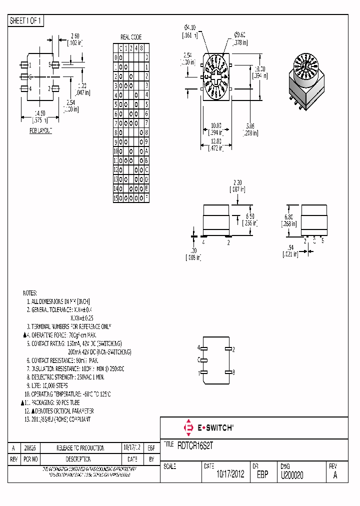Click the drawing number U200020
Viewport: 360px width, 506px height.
click(x=292, y=475)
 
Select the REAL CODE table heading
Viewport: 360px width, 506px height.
click(x=131, y=37)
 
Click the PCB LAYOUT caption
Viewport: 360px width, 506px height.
click(x=40, y=130)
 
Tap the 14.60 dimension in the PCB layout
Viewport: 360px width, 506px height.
click(x=40, y=113)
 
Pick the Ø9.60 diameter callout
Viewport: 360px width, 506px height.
click(x=240, y=35)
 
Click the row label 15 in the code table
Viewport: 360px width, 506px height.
click(x=115, y=198)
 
